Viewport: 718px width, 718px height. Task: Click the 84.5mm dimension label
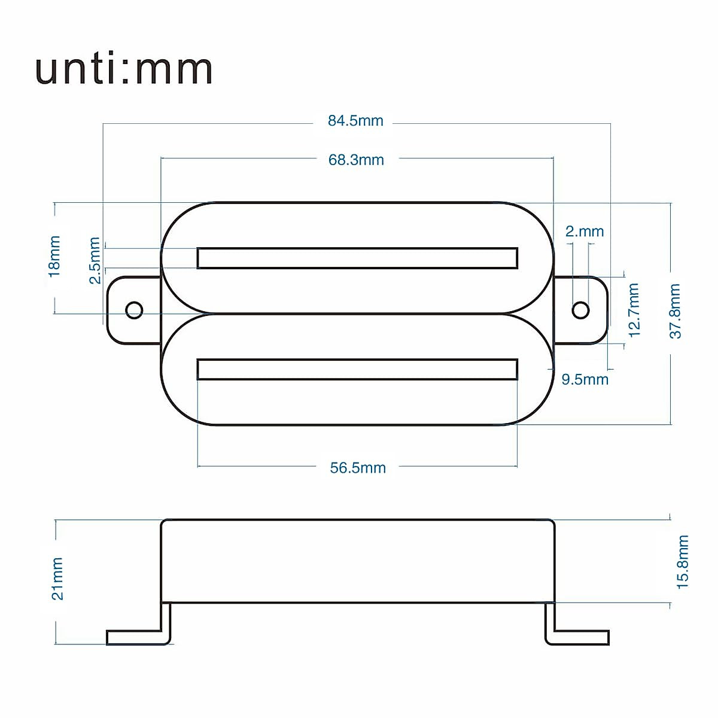pyautogui.click(x=355, y=121)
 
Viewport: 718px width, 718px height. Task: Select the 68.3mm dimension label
pyautogui.click(x=356, y=160)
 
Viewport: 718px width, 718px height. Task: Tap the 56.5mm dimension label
pyautogui.click(x=358, y=467)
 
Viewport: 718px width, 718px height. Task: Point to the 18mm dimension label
pyautogui.click(x=54, y=256)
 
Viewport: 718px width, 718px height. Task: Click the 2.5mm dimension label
pyautogui.click(x=94, y=261)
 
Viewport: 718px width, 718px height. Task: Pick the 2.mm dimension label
pyautogui.click(x=585, y=232)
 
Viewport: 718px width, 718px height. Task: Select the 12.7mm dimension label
pyautogui.click(x=634, y=310)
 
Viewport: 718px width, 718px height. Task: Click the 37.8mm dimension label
pyautogui.click(x=675, y=311)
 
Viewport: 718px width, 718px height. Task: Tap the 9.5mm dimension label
pyautogui.click(x=585, y=379)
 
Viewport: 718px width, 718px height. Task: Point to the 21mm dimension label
pyautogui.click(x=57, y=579)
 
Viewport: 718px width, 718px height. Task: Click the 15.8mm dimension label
pyautogui.click(x=683, y=562)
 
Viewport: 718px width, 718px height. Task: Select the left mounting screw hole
pyautogui.click(x=134, y=310)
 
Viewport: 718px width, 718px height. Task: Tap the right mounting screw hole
pyautogui.click(x=580, y=310)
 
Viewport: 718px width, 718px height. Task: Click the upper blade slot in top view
pyautogui.click(x=357, y=258)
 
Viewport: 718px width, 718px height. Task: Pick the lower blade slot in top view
pyautogui.click(x=357, y=369)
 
